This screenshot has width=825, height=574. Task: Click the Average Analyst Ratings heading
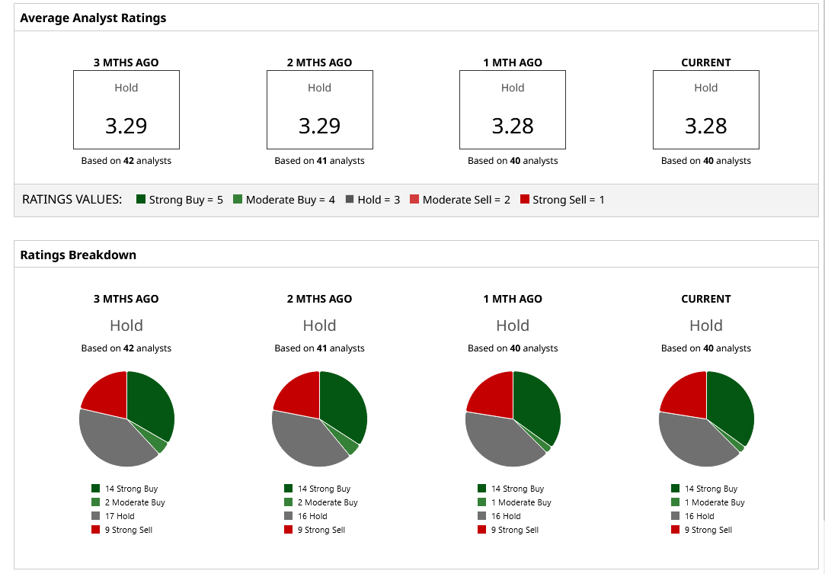click(93, 18)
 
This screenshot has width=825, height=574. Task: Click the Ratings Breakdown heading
click(78, 255)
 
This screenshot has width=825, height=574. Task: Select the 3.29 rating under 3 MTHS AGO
click(126, 126)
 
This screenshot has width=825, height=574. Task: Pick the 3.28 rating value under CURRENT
click(705, 126)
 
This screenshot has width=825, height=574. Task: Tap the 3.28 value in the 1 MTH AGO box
click(513, 126)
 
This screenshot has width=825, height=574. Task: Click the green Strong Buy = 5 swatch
click(141, 200)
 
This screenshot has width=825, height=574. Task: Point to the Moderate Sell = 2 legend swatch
click(415, 200)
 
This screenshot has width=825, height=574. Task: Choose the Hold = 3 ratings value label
click(379, 200)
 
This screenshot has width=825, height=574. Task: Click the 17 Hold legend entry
click(120, 516)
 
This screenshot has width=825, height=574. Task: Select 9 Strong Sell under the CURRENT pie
click(708, 530)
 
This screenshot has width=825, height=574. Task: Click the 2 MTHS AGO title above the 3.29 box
click(319, 63)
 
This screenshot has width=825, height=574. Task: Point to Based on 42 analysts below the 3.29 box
click(126, 161)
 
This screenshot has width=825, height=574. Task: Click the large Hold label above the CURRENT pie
click(705, 325)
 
